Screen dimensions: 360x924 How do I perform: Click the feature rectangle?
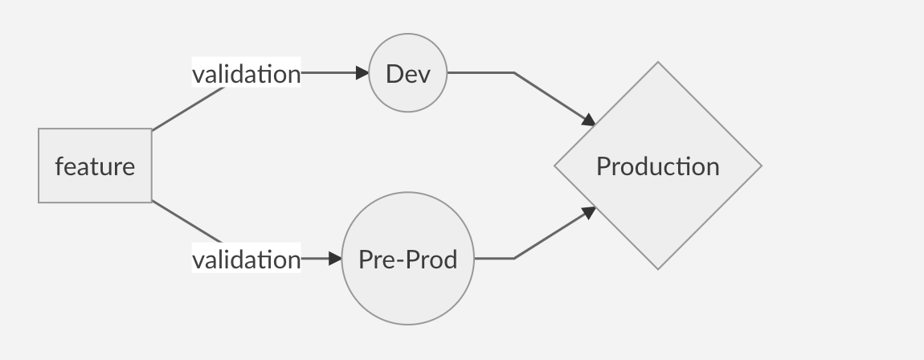[95, 166]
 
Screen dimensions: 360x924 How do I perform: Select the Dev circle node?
[407, 73]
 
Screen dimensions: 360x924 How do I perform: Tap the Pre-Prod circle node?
[407, 259]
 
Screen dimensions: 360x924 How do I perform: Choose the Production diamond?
[657, 166]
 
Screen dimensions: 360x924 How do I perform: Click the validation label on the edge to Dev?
[246, 73]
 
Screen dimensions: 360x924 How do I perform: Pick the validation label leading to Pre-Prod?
[246, 259]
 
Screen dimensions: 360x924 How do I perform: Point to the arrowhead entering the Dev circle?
[362, 72]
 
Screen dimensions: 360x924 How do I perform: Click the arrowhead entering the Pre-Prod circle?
[336, 259]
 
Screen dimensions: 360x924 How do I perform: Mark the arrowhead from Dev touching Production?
[589, 121]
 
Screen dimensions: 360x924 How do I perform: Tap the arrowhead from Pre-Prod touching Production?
[589, 211]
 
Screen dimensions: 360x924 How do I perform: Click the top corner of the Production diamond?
[658, 63]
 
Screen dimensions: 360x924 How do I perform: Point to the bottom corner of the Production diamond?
[658, 268]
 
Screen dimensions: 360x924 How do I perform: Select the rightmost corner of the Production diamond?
[760, 166]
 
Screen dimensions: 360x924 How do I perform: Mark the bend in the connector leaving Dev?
[514, 72]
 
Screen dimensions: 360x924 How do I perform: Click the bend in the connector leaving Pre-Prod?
[514, 258]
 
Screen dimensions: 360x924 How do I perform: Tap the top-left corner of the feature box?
[39, 129]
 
